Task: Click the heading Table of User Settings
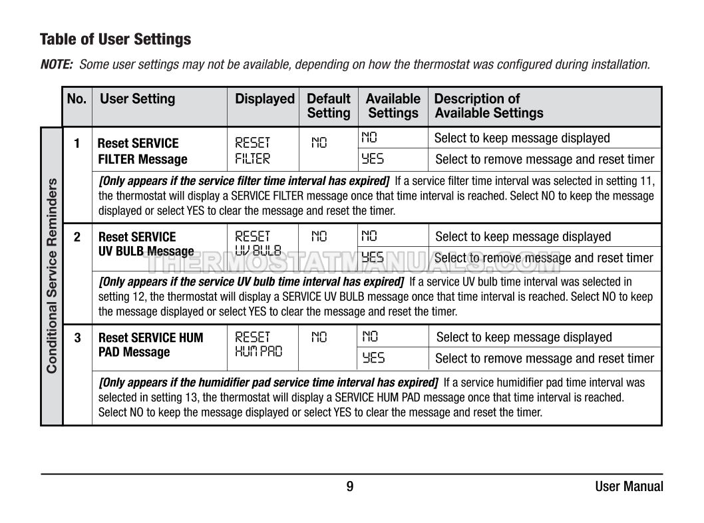tap(115, 39)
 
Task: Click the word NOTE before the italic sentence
tap(57, 65)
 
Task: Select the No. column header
tap(77, 99)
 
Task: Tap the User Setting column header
tap(137, 99)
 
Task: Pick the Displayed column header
tap(264, 99)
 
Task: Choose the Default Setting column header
tap(328, 106)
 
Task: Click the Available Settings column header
tap(393, 106)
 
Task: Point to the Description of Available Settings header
tap(488, 106)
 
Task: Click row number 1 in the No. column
tap(77, 143)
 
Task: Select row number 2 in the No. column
tap(77, 237)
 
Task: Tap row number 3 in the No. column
tap(77, 337)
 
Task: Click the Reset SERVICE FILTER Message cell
tap(142, 151)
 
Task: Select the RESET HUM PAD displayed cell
tap(258, 344)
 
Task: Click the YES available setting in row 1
tap(373, 159)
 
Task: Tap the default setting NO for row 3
tap(319, 337)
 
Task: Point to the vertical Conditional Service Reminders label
tap(52, 275)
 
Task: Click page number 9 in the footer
tap(350, 486)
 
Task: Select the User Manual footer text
tap(629, 486)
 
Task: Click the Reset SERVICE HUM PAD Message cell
tap(150, 344)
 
